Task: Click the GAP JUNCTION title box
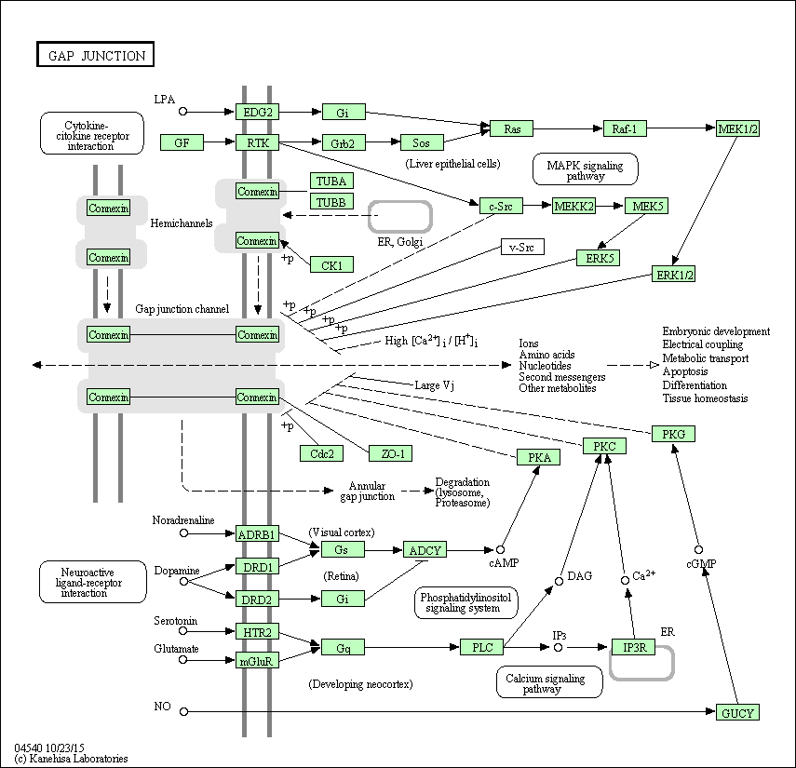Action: tap(95, 55)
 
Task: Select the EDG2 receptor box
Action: tap(257, 113)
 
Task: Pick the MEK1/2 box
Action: tap(738, 128)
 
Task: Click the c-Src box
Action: tap(501, 206)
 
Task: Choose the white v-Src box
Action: tap(522, 247)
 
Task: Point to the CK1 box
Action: tap(331, 265)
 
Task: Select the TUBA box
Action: tap(331, 181)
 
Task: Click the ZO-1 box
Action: tap(390, 453)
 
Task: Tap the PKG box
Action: tap(673, 434)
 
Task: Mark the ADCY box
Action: tap(425, 550)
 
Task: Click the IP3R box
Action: tap(632, 647)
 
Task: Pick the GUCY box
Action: tap(737, 713)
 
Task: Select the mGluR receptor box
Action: tap(257, 661)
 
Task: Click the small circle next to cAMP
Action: tap(500, 549)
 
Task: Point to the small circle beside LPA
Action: tap(183, 112)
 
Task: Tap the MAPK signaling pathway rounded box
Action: tap(585, 169)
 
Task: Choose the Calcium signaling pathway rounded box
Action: tap(549, 682)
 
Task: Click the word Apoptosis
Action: tap(685, 371)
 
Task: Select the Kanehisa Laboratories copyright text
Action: tap(72, 759)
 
